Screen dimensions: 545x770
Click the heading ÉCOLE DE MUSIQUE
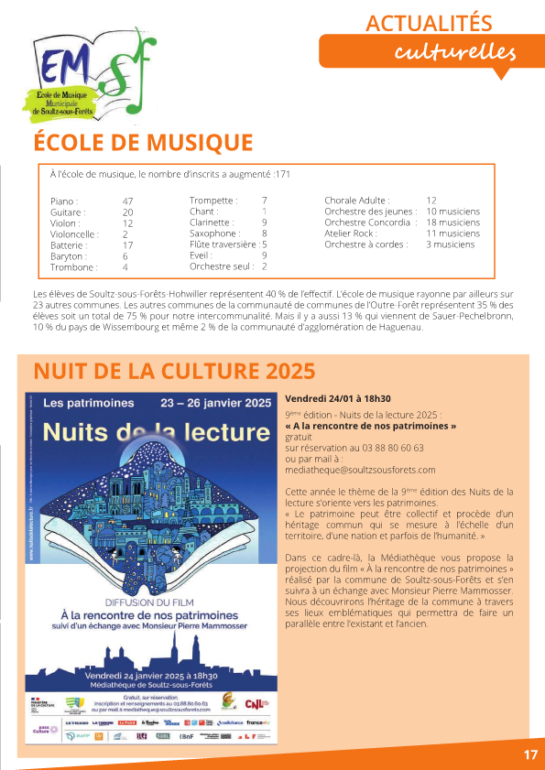143,143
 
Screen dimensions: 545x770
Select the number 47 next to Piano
128,201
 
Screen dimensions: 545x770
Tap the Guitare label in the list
68,211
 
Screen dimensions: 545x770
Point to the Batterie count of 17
128,245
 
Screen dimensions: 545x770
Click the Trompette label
213,201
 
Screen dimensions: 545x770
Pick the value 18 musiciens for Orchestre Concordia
452,222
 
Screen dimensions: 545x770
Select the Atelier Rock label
352,233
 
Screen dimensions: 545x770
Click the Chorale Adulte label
357,201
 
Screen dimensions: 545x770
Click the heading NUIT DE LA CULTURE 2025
174,372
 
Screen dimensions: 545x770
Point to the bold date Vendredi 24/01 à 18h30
338,399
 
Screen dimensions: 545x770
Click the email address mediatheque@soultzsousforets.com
360,470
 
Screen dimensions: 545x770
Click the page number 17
530,755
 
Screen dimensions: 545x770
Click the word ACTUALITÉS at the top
429,23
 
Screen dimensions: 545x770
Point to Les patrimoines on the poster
90,403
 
